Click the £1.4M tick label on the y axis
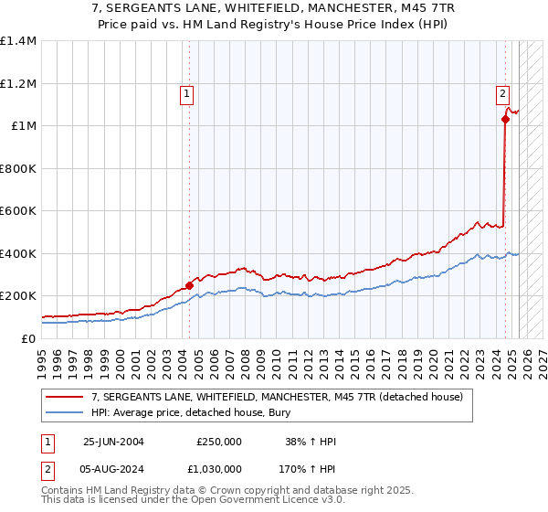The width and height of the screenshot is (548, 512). point(18,41)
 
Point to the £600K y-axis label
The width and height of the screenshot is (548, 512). point(18,211)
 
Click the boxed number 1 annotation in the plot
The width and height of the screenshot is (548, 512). point(186,91)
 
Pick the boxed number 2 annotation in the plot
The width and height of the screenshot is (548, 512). point(503,91)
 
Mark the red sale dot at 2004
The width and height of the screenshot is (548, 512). point(190,285)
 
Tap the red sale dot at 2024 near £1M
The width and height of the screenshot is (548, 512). point(505,119)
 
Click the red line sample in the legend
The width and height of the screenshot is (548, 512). point(65,397)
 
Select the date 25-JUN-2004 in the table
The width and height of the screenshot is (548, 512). point(113,442)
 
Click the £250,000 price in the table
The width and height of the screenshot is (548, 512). point(219,442)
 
